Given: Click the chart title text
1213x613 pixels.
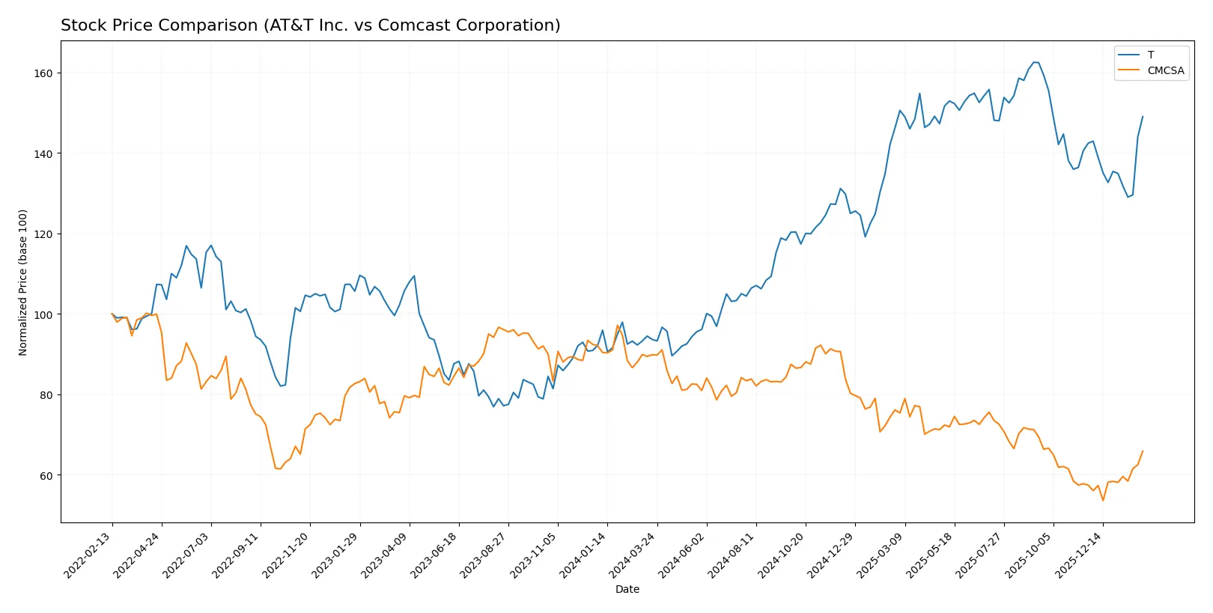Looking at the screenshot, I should point(310,25).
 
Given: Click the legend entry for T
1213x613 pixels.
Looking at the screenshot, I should point(1150,55).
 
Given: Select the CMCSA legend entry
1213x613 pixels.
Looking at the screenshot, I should point(1165,70).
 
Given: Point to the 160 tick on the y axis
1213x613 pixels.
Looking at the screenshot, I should point(43,73).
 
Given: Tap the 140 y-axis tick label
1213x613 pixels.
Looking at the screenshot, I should point(43,153).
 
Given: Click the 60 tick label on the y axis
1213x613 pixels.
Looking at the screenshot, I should point(46,475).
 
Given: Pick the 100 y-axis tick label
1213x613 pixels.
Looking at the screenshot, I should point(43,314).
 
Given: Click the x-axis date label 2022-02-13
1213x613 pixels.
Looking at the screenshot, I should point(88,555).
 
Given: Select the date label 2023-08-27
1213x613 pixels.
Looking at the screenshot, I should point(484,555).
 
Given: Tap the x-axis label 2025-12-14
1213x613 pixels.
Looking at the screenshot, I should point(1079,555).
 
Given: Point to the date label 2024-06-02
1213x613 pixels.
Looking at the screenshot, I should point(683,555).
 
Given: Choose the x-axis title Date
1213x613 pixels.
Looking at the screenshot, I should point(627,589).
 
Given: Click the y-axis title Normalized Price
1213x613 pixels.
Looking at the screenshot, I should point(23,282).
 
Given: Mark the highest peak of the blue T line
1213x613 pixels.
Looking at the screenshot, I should point(1034,62).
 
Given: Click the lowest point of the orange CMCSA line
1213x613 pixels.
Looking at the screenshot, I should point(1103,500).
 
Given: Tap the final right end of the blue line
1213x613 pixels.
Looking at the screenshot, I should point(1143,117).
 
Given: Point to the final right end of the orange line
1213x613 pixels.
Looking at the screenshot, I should point(1143,451).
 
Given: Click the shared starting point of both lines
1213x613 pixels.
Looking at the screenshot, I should point(112,314).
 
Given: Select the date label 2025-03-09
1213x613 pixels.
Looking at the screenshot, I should point(881,555).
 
